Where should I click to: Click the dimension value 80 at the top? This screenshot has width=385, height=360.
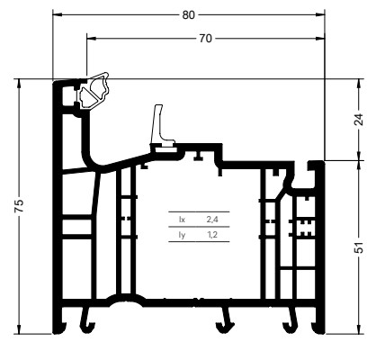tap(188, 14)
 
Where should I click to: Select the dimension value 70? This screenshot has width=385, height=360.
tap(205, 39)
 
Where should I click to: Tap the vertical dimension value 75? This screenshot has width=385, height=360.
tap(19, 206)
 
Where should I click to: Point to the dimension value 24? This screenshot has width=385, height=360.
tap(359, 120)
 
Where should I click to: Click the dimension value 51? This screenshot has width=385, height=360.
tap(359, 247)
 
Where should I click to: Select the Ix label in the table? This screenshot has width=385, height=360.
tap(182, 220)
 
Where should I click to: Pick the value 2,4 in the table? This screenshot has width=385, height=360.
tap(212, 220)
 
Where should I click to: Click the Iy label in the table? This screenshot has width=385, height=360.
tap(182, 235)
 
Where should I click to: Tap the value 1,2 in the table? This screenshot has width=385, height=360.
tap(212, 235)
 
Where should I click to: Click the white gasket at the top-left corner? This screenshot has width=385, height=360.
tap(94, 91)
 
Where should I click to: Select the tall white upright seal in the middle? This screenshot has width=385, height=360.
tap(161, 128)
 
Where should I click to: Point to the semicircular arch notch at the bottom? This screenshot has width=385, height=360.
tap(126, 301)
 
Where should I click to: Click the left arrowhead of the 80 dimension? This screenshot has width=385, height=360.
tap(57, 14)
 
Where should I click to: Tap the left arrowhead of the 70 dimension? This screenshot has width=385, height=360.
tap(91, 39)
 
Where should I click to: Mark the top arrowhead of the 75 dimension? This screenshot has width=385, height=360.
tap(19, 83)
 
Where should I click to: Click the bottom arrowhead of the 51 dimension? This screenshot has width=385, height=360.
tap(359, 329)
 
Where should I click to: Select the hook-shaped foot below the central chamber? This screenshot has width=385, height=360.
tap(225, 321)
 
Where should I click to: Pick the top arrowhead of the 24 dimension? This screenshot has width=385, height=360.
tap(359, 83)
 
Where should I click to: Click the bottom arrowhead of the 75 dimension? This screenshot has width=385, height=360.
tap(19, 329)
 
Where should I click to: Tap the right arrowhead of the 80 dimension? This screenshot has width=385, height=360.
tap(321, 14)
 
